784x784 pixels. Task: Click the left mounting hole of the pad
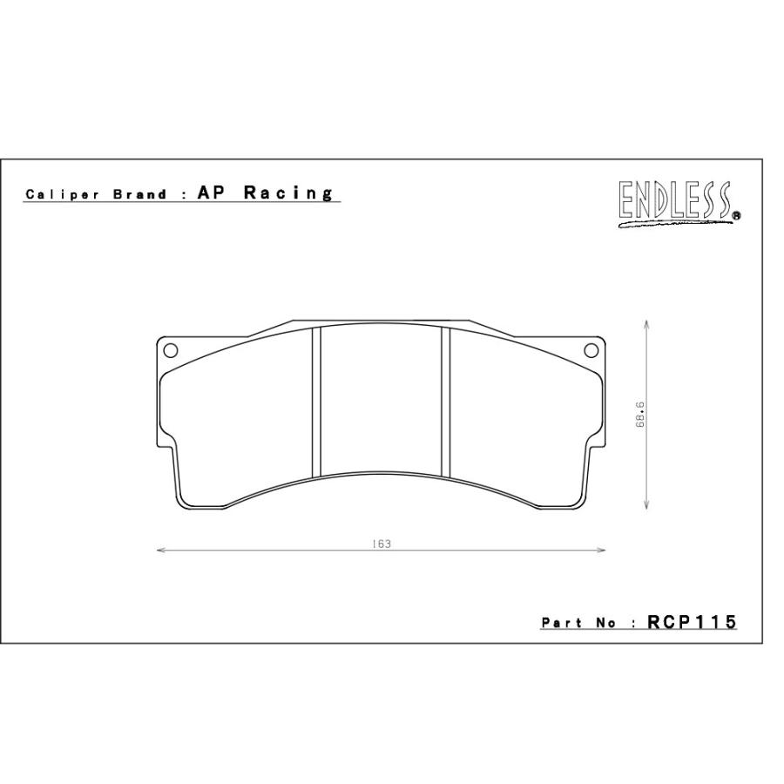click(x=171, y=350)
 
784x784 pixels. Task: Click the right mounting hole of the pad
click(x=591, y=350)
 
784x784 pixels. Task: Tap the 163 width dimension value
click(x=382, y=544)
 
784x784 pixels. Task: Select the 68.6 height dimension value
click(x=640, y=415)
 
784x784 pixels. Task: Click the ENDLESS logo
click(x=679, y=204)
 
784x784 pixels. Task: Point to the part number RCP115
click(x=693, y=622)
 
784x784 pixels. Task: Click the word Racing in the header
click(x=288, y=193)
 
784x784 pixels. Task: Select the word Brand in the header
click(x=140, y=194)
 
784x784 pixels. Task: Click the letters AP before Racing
click(x=212, y=193)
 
